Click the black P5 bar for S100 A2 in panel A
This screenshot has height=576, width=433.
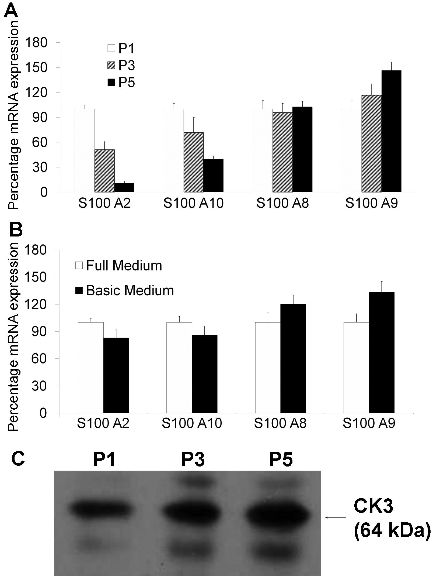click(124, 187)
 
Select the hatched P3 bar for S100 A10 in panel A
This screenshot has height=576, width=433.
click(193, 162)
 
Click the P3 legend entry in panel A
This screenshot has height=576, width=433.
click(121, 66)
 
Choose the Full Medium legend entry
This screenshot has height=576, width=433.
click(119, 266)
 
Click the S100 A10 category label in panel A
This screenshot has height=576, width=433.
click(193, 203)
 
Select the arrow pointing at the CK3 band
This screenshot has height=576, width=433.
click(335, 517)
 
